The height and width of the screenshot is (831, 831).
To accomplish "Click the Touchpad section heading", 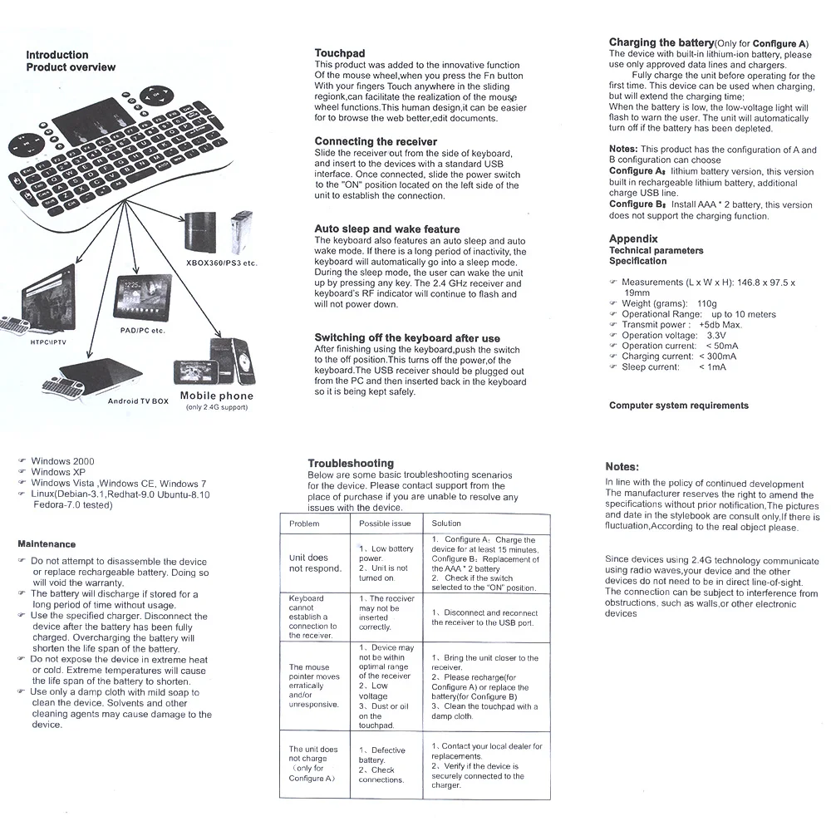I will [x=340, y=53].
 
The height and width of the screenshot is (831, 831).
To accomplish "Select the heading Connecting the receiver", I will [x=376, y=142].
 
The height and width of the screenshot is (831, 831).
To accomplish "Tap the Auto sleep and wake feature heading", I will [x=386, y=229].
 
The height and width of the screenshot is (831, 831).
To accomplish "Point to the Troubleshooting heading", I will [x=351, y=463].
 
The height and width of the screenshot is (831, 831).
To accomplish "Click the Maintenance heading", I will [x=47, y=544].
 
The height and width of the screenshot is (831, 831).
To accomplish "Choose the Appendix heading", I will [x=633, y=239].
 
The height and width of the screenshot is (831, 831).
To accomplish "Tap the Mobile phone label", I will [x=216, y=396].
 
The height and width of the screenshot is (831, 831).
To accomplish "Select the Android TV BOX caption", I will [x=138, y=401].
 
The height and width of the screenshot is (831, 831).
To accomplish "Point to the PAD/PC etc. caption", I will [x=142, y=331].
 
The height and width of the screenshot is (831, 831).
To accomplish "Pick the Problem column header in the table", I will [x=304, y=524].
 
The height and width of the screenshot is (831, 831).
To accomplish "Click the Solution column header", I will [x=446, y=524].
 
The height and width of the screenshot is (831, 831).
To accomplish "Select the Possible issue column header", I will [x=385, y=524].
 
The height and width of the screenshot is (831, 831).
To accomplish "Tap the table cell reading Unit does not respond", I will [x=315, y=563].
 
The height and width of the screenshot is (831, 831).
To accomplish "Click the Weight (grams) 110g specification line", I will [x=668, y=304].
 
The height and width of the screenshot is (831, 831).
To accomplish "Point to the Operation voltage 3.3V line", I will [x=673, y=336].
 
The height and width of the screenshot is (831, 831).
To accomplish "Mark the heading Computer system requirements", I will [x=678, y=406].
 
